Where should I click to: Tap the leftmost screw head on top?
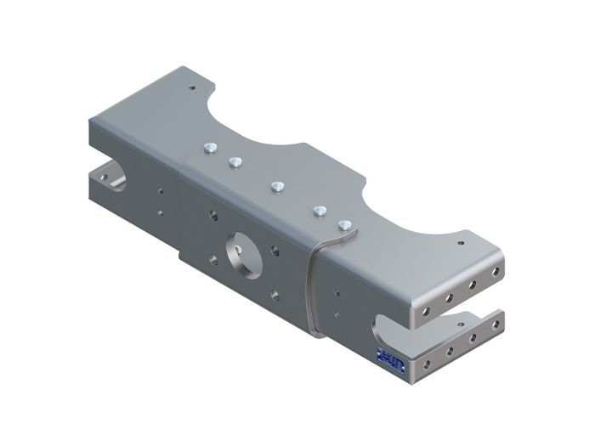tap(207, 149)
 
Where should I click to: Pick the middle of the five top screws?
tap(276, 184)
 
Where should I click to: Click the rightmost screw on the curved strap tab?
tap(344, 225)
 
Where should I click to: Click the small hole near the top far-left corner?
tap(192, 86)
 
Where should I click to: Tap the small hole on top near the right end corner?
tap(462, 240)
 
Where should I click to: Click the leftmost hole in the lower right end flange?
tap(422, 366)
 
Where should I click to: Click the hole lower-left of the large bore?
tap(205, 255)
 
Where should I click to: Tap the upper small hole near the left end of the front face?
tap(158, 192)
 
